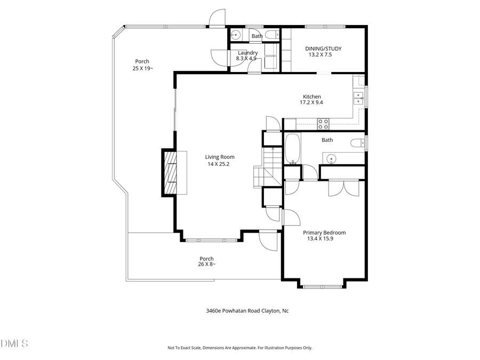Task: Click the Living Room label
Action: click(220, 157)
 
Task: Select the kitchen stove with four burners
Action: click(323, 124)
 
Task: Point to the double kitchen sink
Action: click(357, 98)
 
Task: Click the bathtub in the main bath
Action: click(293, 149)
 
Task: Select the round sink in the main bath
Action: click(332, 158)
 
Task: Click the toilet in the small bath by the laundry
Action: click(271, 35)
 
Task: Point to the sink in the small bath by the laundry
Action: click(236, 35)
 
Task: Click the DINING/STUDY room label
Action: click(323, 49)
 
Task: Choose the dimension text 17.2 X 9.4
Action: click(312, 102)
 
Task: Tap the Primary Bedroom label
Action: click(324, 233)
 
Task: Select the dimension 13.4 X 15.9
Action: click(320, 239)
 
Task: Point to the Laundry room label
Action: click(248, 52)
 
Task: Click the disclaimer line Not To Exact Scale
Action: click(239, 348)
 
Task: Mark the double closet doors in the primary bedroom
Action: click(342, 188)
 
